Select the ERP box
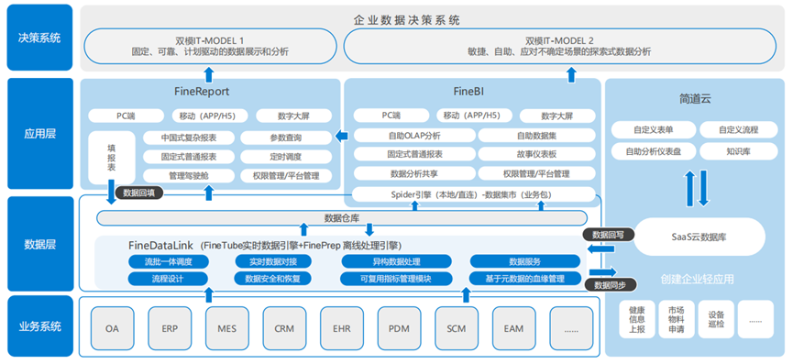(170, 326)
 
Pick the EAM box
(513, 326)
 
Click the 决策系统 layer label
(39, 38)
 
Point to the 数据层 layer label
(39, 245)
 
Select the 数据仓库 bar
(342, 217)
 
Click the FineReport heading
(200, 92)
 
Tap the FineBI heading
(469, 92)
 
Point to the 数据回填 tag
(138, 193)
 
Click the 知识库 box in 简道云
(738, 150)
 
